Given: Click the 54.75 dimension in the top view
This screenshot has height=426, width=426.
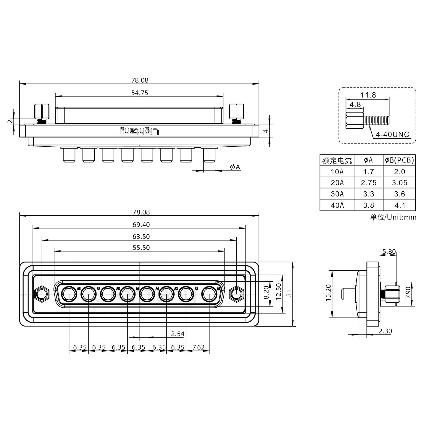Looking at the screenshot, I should [139, 93].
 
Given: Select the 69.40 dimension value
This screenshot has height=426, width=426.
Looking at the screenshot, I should [141, 225].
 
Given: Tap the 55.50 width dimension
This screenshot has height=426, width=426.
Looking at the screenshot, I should [141, 248].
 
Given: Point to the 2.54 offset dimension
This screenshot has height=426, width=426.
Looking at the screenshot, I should [177, 334].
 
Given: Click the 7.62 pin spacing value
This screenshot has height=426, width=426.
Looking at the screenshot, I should [198, 347].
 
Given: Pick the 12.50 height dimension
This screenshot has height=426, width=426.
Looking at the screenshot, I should [278, 291].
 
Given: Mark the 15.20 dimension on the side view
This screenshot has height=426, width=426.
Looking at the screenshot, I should [328, 293].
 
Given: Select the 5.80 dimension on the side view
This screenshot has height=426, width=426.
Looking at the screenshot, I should [389, 252].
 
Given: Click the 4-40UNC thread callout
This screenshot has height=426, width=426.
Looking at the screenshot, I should [392, 135].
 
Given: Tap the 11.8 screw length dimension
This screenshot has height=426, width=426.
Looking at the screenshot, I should [368, 95].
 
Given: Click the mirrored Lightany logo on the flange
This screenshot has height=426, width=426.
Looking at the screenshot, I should [139, 131].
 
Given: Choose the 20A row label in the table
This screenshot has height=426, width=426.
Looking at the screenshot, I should [337, 183].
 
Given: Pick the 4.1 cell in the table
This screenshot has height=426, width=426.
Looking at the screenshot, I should [399, 205].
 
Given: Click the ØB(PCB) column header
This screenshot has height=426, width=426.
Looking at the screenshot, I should [399, 160].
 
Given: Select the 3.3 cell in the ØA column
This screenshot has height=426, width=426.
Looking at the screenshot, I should [368, 194].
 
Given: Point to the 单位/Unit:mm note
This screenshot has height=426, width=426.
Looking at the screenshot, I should [393, 217].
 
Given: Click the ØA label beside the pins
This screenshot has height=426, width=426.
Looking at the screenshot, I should [235, 167].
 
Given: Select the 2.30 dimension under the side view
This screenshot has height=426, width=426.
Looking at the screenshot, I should [385, 331].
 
